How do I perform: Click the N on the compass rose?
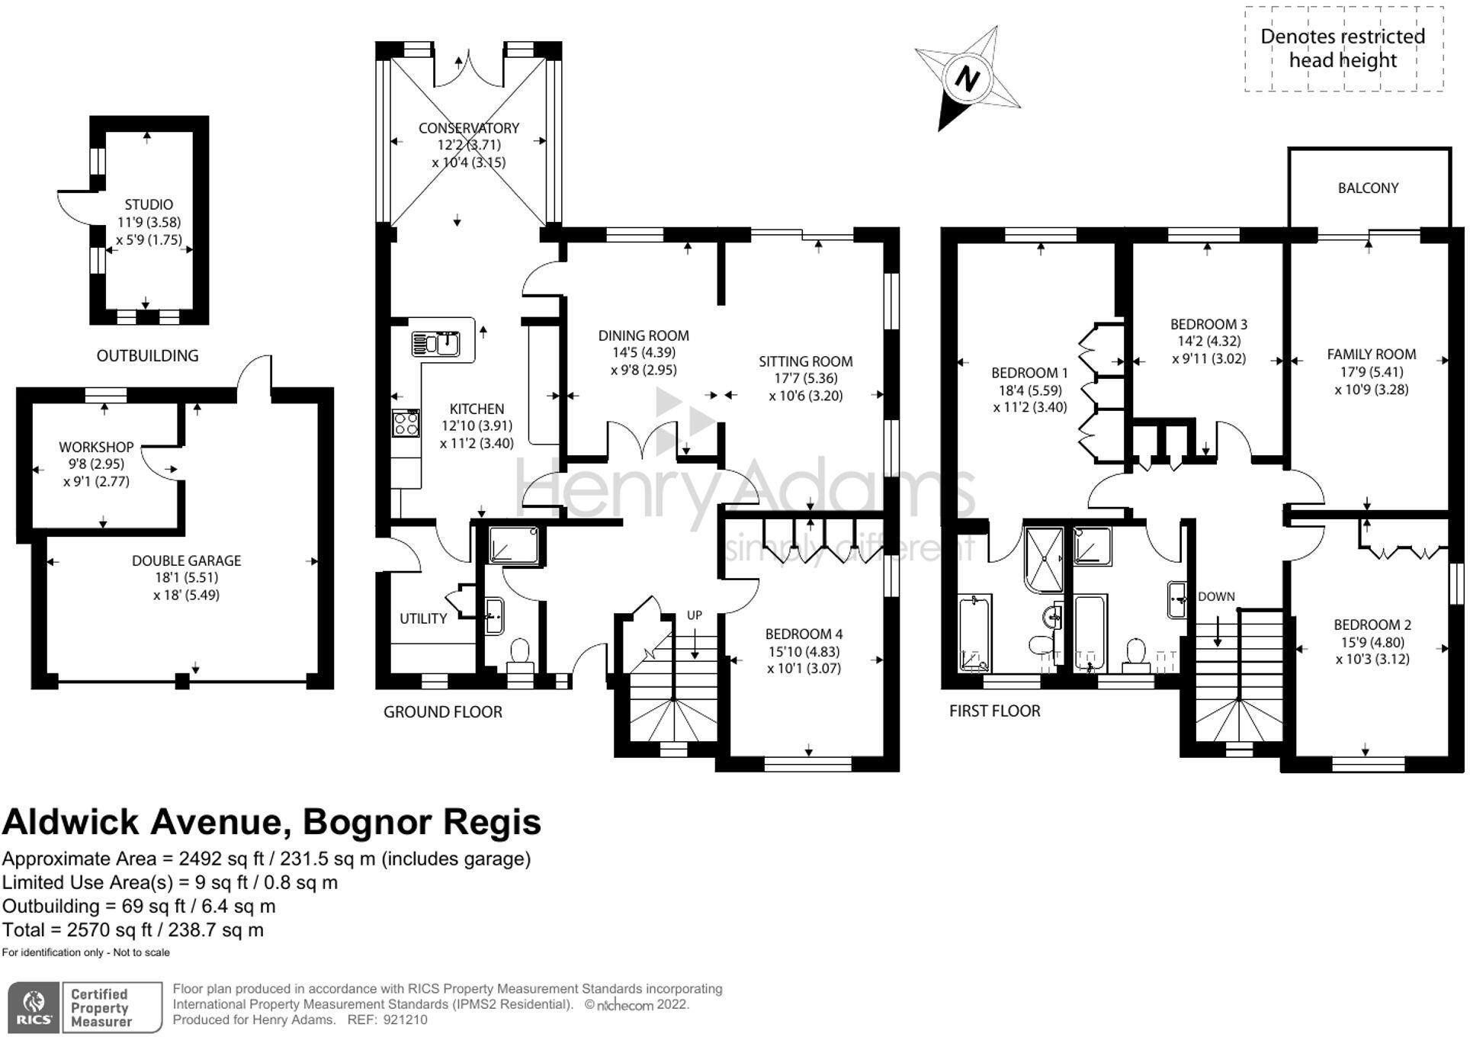click(x=968, y=79)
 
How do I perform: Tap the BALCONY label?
click(x=1368, y=188)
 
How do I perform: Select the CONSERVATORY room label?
click(x=468, y=128)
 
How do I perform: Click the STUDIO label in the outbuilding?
click(x=149, y=204)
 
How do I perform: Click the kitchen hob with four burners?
click(x=406, y=423)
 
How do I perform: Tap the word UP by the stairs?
click(x=695, y=615)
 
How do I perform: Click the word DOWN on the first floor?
click(x=1216, y=596)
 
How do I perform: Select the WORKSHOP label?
click(x=96, y=447)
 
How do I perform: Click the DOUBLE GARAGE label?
click(x=186, y=560)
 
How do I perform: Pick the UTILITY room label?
click(x=423, y=618)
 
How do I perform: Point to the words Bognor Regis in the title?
click(x=422, y=823)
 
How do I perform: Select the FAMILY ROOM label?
click(x=1371, y=354)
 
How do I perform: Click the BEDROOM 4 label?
click(x=804, y=634)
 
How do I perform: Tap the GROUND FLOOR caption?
click(x=442, y=712)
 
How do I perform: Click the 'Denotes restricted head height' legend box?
click(x=1343, y=49)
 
